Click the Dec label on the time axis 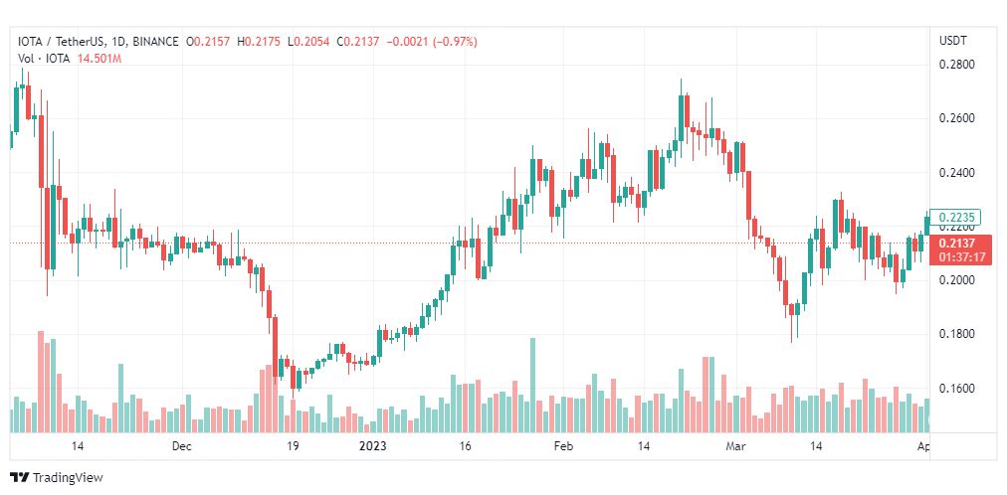[x=180, y=447]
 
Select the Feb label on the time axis [x=563, y=447]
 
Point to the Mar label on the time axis [x=734, y=447]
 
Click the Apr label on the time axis [x=923, y=447]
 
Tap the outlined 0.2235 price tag [x=962, y=218]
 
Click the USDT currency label [x=952, y=41]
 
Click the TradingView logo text [x=67, y=477]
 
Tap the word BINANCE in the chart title [x=156, y=42]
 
